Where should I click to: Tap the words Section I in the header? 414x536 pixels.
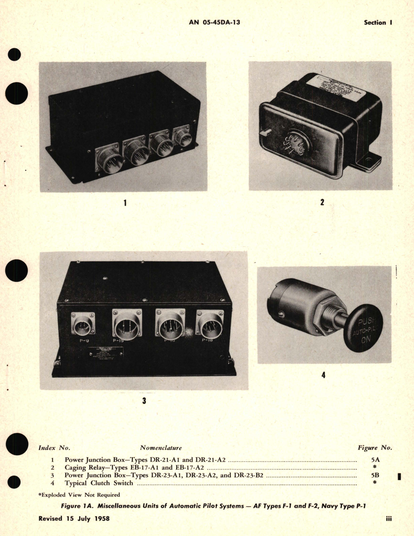[378, 23]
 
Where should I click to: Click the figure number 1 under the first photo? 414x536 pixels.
[125, 203]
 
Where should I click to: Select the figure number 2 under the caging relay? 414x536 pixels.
[322, 202]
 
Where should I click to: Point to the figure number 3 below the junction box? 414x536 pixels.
[144, 401]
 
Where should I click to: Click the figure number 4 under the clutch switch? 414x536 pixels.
[323, 375]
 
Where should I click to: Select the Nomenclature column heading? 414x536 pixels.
[161, 448]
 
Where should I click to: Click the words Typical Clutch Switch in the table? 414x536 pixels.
[99, 483]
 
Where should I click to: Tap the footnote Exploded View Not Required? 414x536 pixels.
[79, 495]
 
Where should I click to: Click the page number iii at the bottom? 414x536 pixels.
[388, 518]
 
